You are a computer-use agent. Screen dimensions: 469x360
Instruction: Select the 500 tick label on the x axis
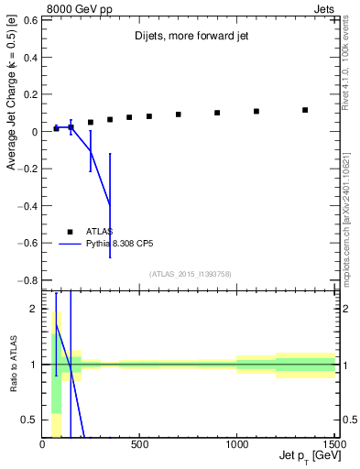(140, 445)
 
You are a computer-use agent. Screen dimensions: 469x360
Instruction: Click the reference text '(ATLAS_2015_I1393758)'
(190, 273)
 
